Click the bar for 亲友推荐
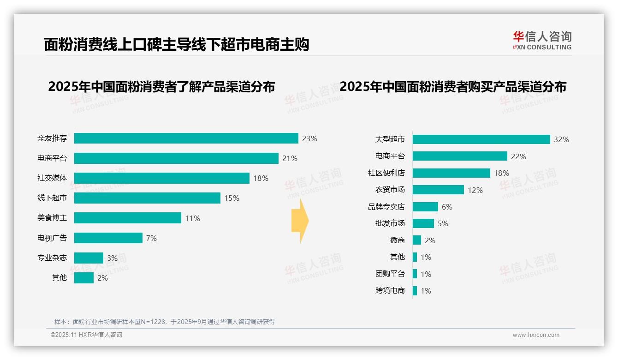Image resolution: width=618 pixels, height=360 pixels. click(186, 138)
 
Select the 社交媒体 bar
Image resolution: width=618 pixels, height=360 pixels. click(161, 178)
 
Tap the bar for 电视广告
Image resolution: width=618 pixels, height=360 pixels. click(108, 238)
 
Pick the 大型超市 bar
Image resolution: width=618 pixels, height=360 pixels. click(481, 139)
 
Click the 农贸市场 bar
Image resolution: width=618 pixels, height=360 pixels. click(438, 190)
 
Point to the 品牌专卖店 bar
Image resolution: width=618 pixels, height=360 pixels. click(425, 207)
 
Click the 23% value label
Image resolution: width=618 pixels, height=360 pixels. click(309, 138)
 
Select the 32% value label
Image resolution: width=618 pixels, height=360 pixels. click(561, 139)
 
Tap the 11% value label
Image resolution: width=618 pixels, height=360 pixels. click(192, 218)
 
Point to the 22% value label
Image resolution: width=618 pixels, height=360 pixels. click(518, 156)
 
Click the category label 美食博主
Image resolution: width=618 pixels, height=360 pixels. click(52, 218)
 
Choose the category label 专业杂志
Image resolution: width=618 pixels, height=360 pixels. click(52, 258)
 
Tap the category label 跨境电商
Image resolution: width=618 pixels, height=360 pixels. click(390, 291)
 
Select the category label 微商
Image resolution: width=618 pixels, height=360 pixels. click(397, 240)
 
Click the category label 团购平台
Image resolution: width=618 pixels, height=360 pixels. click(390, 274)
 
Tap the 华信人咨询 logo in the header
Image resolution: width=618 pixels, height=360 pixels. click(542, 40)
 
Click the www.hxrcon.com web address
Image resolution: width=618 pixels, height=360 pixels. click(536, 335)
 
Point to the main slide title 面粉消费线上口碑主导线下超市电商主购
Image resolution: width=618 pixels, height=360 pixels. click(176, 45)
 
